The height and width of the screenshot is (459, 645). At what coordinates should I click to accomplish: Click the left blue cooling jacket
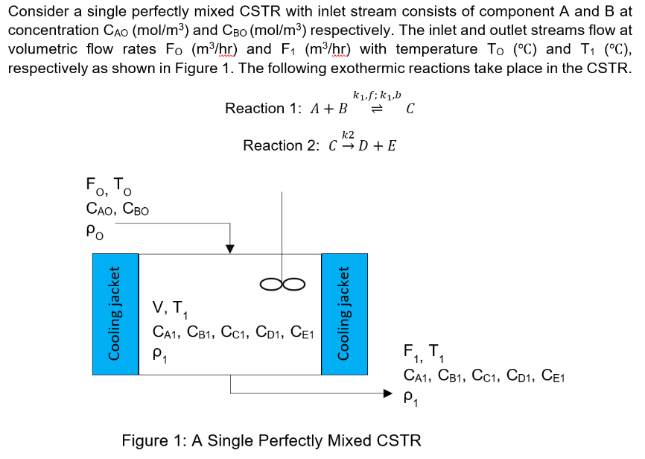(115, 314)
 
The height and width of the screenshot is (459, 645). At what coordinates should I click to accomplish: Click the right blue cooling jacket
(344, 314)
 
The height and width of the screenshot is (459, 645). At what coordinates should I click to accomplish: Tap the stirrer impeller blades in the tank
(282, 283)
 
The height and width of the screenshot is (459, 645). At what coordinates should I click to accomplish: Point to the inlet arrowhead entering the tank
(230, 248)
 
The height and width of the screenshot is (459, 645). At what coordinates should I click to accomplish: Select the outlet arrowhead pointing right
(387, 393)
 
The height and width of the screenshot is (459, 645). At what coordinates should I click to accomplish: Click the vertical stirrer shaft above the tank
(282, 224)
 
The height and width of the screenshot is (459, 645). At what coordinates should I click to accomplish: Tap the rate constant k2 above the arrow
(348, 134)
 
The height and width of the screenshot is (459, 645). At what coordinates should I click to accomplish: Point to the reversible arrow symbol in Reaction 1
(376, 110)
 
